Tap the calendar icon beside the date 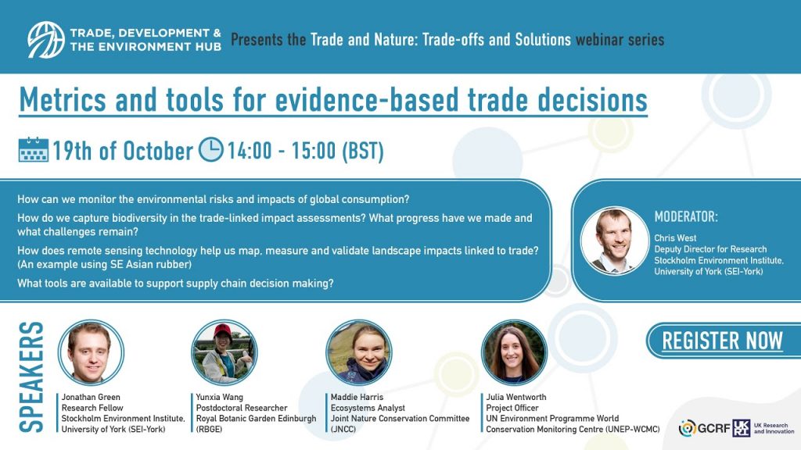33,149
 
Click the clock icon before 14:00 210,149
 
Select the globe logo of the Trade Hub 46,40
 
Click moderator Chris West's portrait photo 615,241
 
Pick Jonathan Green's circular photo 91,352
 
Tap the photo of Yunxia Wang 224,352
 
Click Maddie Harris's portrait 358,352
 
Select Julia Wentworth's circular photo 514,352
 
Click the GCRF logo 704,428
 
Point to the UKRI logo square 742,428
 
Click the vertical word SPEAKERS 31,377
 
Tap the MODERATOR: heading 686,217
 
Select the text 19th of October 123,151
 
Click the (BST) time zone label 363,151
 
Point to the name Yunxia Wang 220,397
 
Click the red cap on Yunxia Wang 223,330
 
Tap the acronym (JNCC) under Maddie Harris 343,429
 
